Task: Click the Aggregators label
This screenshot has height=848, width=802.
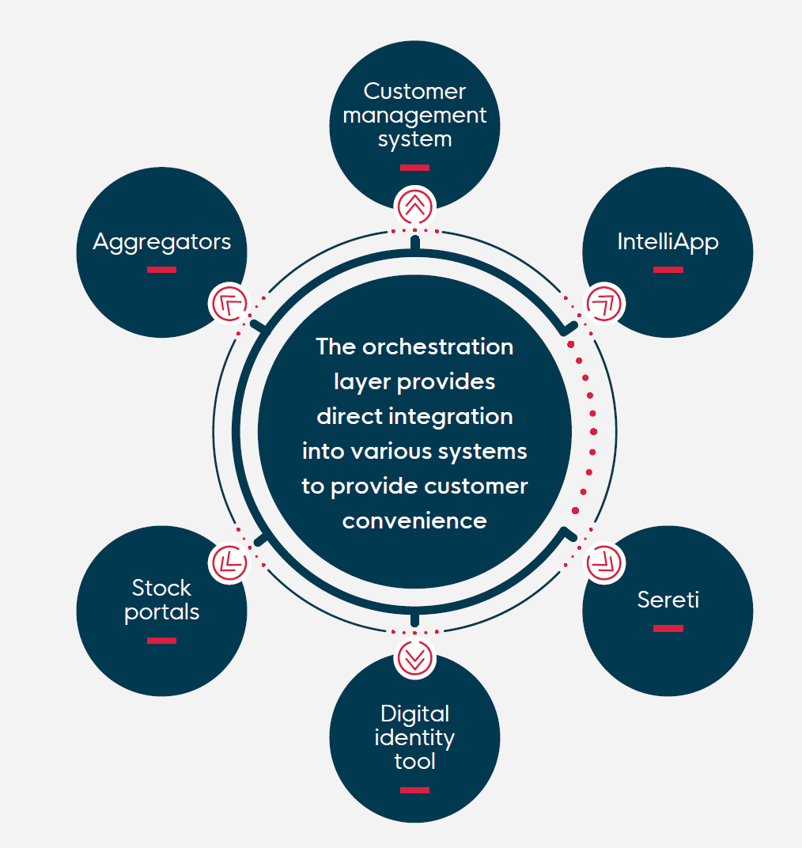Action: point(161,242)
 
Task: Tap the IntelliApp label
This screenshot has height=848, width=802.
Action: point(668,242)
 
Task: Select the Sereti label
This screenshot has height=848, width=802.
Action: point(668,600)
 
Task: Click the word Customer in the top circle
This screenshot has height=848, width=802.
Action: point(414,92)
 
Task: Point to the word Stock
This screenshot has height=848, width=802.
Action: point(161,588)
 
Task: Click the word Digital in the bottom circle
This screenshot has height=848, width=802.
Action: point(414,714)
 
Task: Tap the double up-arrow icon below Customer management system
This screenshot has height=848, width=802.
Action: point(414,206)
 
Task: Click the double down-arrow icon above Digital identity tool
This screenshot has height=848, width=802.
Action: point(414,658)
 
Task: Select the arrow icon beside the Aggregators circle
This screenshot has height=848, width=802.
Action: point(229,304)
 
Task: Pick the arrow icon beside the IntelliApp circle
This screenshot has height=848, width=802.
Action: point(604,304)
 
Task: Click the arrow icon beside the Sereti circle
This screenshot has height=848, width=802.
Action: point(604,562)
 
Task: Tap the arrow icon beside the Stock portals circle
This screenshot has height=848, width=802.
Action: point(229,562)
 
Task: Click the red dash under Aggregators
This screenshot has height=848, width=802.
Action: point(161,269)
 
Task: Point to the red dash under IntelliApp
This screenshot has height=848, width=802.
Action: point(668,269)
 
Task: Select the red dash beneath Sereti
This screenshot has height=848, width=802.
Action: point(668,628)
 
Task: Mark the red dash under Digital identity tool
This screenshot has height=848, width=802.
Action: point(414,790)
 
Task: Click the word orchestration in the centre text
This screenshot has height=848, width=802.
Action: point(437,346)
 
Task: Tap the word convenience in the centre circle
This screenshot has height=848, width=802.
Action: point(414,521)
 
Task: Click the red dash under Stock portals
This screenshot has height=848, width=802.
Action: point(161,641)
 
